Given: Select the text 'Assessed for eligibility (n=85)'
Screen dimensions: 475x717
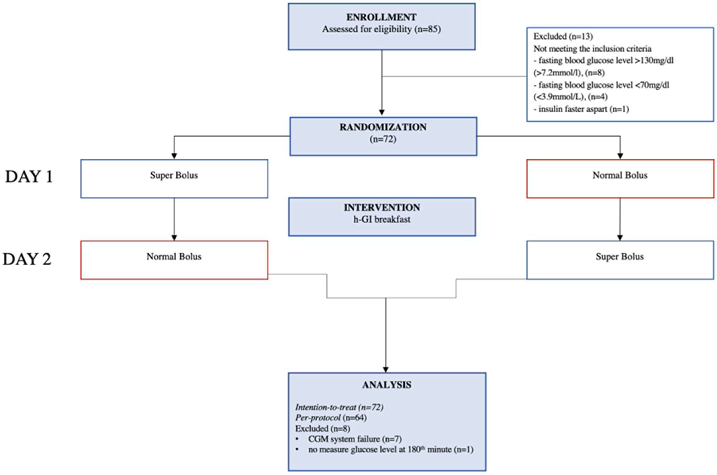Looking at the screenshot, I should coord(381,29).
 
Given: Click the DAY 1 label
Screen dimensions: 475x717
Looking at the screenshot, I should coord(29,177).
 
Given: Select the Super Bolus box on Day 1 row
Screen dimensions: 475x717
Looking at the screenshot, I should coord(174,178).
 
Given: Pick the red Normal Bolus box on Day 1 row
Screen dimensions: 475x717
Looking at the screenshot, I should coord(620,178).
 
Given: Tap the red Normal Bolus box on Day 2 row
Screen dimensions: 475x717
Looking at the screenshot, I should coord(174,260).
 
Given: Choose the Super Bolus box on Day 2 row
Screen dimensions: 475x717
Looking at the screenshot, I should coord(620,260).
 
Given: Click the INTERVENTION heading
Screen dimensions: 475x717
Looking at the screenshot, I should coord(382,208).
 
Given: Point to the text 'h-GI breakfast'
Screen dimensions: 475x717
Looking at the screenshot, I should coord(382,219).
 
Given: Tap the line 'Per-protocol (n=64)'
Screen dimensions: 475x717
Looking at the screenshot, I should coord(331,418).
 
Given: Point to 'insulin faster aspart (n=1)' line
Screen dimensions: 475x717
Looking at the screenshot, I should coord(583,109).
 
